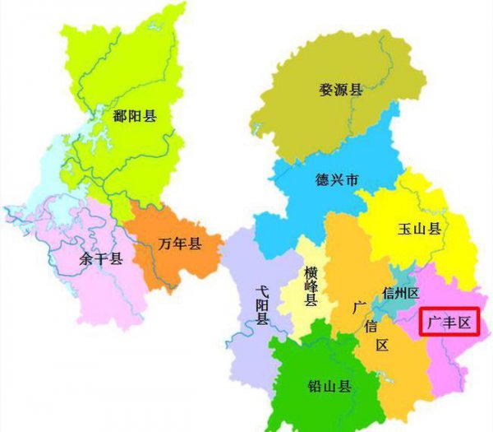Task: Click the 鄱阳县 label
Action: click(135, 116)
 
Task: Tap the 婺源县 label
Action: click(341, 90)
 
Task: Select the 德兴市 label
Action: click(337, 179)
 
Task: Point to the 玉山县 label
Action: click(422, 229)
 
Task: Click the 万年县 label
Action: click(180, 244)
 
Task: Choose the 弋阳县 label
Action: click(262, 304)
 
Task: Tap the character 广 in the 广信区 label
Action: click(359, 307)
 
